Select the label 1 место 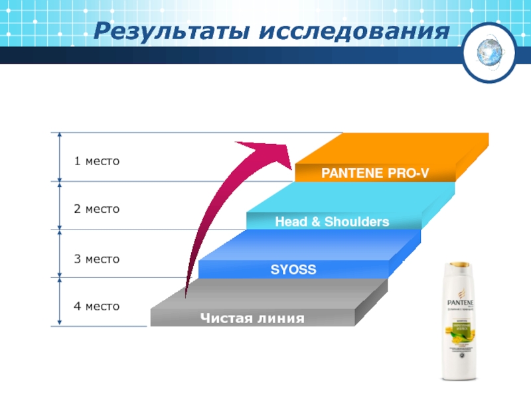(97, 161)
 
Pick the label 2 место (97, 209)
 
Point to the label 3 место (97, 259)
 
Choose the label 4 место (97, 306)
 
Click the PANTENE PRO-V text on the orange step (375, 174)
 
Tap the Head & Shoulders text (332, 222)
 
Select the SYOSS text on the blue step (293, 270)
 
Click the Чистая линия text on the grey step (253, 319)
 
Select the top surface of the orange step (398, 149)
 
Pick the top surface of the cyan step (358, 197)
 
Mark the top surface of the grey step (279, 294)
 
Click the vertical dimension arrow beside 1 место (60, 157)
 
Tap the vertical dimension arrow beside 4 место (60, 302)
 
